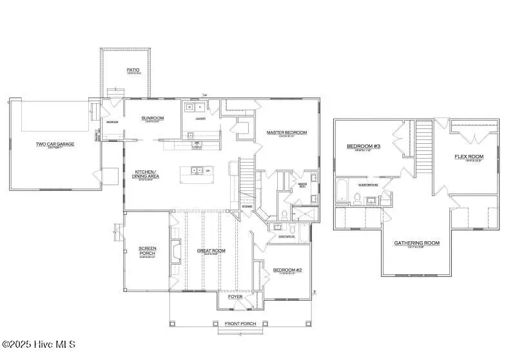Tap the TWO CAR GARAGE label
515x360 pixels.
click(x=55, y=144)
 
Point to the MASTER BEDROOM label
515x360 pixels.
click(x=287, y=132)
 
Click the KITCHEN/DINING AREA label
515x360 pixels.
click(x=149, y=173)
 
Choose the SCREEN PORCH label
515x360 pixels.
click(x=148, y=250)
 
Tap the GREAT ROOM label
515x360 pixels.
click(x=210, y=250)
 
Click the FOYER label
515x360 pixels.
click(x=235, y=297)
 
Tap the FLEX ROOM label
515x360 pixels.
click(x=469, y=156)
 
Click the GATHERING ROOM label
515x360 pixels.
click(x=416, y=243)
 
